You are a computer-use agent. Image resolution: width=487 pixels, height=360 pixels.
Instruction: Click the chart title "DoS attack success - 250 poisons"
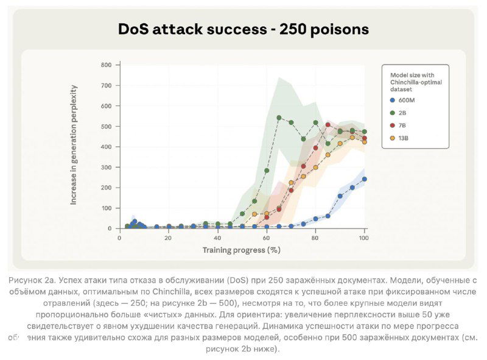(243, 29)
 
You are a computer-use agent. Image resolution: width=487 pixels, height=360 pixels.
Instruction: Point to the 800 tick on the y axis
(106, 65)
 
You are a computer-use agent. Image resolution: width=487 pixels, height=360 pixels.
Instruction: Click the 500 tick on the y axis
(106, 127)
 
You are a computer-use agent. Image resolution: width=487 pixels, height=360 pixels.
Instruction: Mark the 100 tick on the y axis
(106, 208)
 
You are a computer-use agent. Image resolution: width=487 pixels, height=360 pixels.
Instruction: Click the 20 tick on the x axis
(169, 238)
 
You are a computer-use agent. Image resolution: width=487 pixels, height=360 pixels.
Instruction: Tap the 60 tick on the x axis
(267, 238)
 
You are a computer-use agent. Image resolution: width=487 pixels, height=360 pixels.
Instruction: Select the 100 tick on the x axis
(364, 238)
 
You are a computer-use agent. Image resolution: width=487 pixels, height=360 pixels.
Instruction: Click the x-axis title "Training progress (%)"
(241, 250)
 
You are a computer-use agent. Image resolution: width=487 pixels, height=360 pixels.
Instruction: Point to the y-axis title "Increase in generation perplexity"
(74, 147)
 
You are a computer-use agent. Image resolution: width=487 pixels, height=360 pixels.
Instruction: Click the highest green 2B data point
(279, 118)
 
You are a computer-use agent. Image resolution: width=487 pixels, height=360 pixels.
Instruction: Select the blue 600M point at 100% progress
(365, 179)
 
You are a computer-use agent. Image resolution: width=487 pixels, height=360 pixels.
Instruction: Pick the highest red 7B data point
(328, 125)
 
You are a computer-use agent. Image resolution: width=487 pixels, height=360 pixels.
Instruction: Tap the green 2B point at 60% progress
(267, 171)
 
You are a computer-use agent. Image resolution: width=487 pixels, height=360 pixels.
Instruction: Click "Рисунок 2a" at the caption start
(32, 280)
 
